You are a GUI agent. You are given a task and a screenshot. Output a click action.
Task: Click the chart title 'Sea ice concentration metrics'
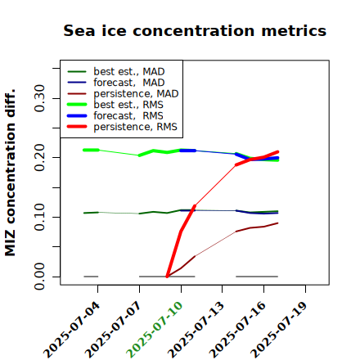[195, 30]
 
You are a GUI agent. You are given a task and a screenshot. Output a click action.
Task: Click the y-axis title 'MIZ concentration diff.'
[10, 173]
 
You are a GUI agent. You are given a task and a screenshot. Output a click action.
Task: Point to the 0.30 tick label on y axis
[39, 98]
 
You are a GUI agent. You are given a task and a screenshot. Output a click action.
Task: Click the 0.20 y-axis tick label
[39, 157]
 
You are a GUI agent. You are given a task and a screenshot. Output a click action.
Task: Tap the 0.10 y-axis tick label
[39, 217]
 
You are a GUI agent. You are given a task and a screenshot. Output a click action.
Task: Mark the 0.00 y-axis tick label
[39, 277]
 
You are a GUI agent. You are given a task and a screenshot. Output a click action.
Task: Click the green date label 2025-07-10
[155, 330]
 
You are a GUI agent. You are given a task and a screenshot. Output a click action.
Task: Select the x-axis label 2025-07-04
[71, 330]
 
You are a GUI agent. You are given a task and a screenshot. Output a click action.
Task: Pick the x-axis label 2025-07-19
[279, 330]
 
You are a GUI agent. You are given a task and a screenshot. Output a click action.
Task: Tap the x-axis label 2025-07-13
[196, 330]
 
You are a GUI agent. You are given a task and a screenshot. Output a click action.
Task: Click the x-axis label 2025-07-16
[237, 330]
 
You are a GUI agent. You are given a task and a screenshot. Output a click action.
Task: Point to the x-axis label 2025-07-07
[113, 330]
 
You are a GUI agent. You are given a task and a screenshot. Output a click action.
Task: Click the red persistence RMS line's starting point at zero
[167, 277]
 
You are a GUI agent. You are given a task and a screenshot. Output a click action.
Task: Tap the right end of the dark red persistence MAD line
[277, 223]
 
